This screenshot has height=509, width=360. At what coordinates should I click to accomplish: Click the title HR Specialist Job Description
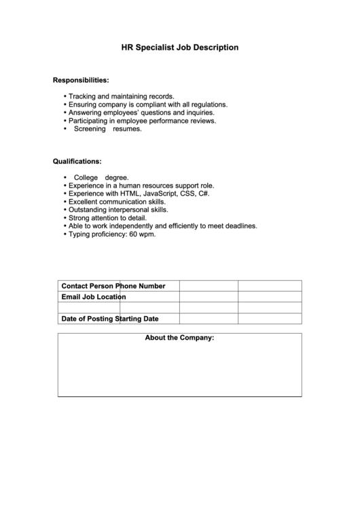point(179,48)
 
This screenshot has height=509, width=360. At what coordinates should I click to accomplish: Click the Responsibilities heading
point(81,80)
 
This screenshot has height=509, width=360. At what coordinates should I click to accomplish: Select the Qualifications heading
point(77,162)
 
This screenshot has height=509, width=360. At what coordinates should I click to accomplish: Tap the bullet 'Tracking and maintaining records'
point(122,96)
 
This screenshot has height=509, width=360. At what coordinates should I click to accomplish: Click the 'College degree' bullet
point(101,177)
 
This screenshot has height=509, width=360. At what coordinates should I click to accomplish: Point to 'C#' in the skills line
point(204,194)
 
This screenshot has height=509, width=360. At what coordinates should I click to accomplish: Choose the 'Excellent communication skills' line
point(117,202)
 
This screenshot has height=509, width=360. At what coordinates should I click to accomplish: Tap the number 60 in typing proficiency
point(133,234)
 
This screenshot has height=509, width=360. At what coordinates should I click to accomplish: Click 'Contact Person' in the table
point(88,285)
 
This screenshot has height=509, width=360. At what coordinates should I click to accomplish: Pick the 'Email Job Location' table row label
point(93,297)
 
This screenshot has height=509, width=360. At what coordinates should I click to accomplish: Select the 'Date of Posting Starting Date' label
point(109,319)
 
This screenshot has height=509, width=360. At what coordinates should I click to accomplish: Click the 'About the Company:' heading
point(179,338)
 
